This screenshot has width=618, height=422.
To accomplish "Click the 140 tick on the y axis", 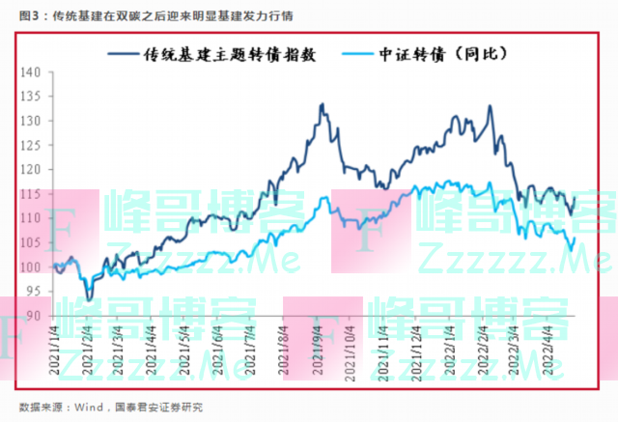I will [x=32, y=72].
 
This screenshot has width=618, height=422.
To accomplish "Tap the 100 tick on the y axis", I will [x=32, y=267].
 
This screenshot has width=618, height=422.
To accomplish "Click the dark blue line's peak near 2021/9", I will [x=321, y=103].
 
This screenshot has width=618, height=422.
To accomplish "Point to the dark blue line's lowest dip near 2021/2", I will [x=90, y=300].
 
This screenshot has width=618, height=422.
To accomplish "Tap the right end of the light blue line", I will [x=576, y=239].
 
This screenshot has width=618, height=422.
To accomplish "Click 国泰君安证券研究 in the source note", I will [x=154, y=408].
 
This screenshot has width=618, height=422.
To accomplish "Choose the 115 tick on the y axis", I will [x=32, y=194].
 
